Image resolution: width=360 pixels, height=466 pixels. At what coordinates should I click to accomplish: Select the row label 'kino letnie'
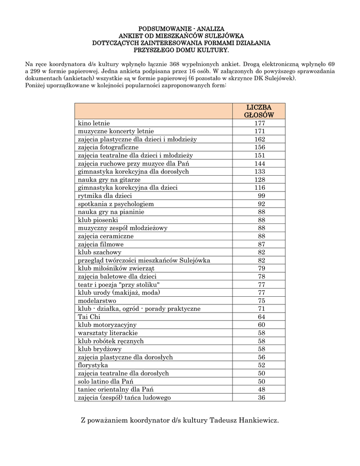[94, 123]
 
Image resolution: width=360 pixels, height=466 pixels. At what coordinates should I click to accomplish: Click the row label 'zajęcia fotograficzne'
[108, 147]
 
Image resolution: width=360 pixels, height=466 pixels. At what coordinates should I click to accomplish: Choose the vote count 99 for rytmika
[261, 196]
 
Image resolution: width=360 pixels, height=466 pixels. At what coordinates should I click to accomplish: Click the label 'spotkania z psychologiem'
[116, 204]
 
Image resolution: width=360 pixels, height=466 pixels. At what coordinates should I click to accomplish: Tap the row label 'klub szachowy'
[100, 252]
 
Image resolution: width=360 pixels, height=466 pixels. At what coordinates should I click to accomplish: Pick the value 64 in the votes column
[261, 317]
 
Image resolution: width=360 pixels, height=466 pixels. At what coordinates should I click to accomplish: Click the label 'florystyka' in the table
[93, 365]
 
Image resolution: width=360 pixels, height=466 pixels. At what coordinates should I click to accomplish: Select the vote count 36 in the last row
[261, 397]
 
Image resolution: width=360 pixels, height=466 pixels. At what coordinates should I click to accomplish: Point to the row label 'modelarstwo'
[97, 301]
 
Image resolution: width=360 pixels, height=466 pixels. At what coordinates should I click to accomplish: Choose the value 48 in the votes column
[261, 390]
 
